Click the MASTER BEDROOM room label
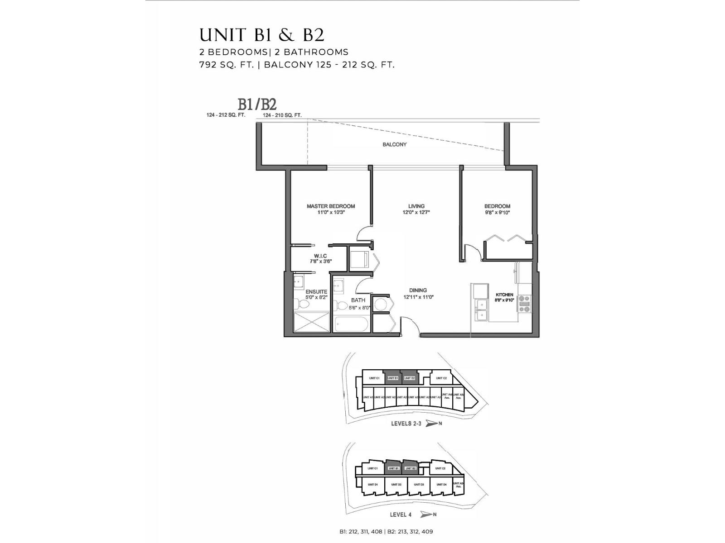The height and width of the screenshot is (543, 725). click(330, 206)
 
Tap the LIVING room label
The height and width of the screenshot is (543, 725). click(416, 206)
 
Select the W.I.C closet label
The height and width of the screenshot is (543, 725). click(320, 256)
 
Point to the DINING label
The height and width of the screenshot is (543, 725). click(418, 291)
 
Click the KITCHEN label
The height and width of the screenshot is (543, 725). click(504, 295)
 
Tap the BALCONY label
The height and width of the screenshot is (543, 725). click(394, 144)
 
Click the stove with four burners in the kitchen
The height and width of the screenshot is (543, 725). click(524, 304)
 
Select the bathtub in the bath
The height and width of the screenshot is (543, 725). click(352, 324)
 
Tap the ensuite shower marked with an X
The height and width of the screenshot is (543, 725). click(311, 322)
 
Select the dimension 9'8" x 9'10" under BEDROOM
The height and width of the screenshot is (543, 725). click(497, 212)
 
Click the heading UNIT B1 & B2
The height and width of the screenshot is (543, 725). click(262, 35)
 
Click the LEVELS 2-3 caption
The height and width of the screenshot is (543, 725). click(406, 424)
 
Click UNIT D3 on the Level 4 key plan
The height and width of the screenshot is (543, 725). click(419, 485)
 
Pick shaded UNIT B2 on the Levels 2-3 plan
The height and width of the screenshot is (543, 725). click(410, 378)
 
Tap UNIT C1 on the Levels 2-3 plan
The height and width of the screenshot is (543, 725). click(374, 378)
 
